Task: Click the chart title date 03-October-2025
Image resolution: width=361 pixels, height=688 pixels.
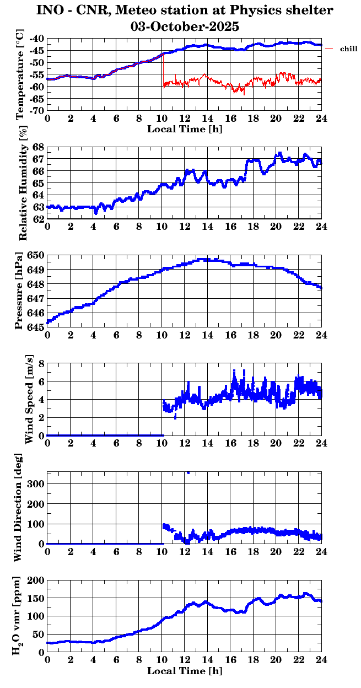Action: [185, 25]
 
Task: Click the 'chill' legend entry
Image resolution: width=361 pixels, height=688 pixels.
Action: [348, 49]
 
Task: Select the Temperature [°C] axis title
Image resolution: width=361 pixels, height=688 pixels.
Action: [20, 74]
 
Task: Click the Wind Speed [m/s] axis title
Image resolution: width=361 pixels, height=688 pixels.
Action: [29, 399]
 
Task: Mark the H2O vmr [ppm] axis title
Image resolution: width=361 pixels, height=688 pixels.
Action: [19, 616]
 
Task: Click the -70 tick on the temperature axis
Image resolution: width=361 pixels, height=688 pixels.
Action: [37, 111]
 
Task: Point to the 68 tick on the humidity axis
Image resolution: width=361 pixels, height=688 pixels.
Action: [39, 147]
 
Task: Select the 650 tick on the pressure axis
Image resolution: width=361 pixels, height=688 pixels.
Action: [37, 255]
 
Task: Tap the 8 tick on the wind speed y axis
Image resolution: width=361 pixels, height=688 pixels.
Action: [41, 364]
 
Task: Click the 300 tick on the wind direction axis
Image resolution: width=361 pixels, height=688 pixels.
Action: [37, 483]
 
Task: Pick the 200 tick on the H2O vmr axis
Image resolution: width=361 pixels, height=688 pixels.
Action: [37, 580]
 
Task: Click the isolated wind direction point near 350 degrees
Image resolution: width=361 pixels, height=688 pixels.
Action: [188, 472]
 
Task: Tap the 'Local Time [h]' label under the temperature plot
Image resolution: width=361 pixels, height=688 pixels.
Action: [185, 129]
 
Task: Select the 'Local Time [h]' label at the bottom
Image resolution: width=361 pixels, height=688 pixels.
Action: [185, 671]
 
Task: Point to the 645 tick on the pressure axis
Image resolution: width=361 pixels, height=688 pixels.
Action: [37, 327]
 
